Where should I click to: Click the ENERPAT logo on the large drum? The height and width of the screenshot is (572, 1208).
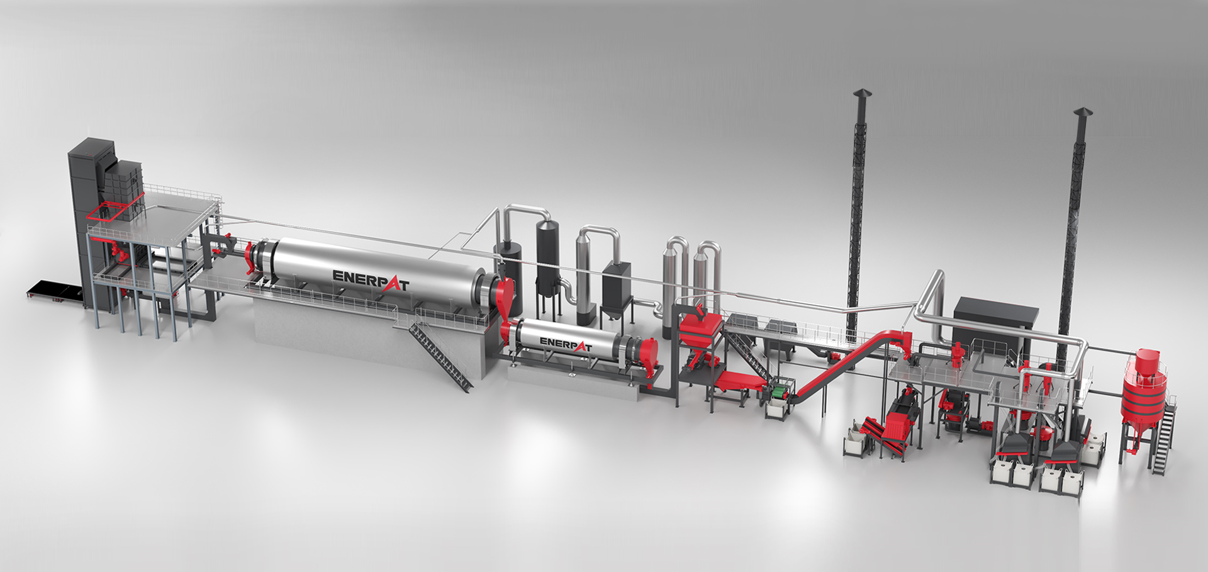coord(371,280)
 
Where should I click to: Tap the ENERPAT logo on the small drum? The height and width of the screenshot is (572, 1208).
coord(566,344)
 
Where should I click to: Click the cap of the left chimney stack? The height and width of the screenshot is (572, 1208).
coord(862,94)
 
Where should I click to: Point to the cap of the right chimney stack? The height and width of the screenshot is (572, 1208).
coord(1083,113)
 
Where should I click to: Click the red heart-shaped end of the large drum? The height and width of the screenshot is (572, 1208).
coord(505,296)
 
